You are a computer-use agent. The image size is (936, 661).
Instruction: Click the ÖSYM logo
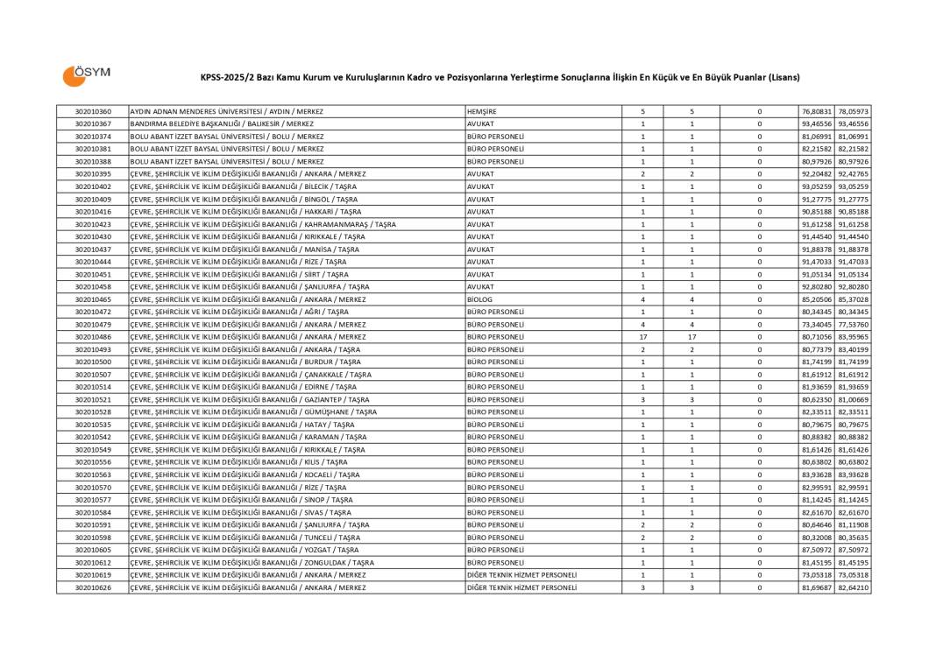click(x=86, y=75)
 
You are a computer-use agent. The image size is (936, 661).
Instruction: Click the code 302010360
click(x=93, y=112)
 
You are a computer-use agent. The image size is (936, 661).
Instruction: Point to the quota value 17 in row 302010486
click(x=642, y=337)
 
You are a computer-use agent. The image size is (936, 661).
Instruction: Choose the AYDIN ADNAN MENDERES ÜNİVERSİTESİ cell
click(x=226, y=112)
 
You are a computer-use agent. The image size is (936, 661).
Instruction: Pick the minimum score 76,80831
click(x=816, y=112)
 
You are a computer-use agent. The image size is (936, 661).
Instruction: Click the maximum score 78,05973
click(x=852, y=112)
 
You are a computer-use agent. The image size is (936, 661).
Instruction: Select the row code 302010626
click(x=93, y=587)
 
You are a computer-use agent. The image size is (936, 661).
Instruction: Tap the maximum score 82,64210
click(x=852, y=587)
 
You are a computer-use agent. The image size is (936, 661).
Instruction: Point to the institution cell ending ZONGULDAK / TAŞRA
click(x=252, y=562)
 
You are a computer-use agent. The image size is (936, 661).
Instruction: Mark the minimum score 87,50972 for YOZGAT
click(x=816, y=550)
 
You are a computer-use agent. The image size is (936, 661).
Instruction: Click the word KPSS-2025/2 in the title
click(x=227, y=77)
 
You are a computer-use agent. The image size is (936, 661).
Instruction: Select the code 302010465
click(x=93, y=299)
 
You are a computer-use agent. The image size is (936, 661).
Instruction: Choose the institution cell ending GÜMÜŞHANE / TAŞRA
click(x=253, y=412)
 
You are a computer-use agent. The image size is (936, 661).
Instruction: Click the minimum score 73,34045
click(x=816, y=325)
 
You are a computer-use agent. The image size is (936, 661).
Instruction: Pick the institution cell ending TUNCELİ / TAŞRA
click(x=245, y=538)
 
